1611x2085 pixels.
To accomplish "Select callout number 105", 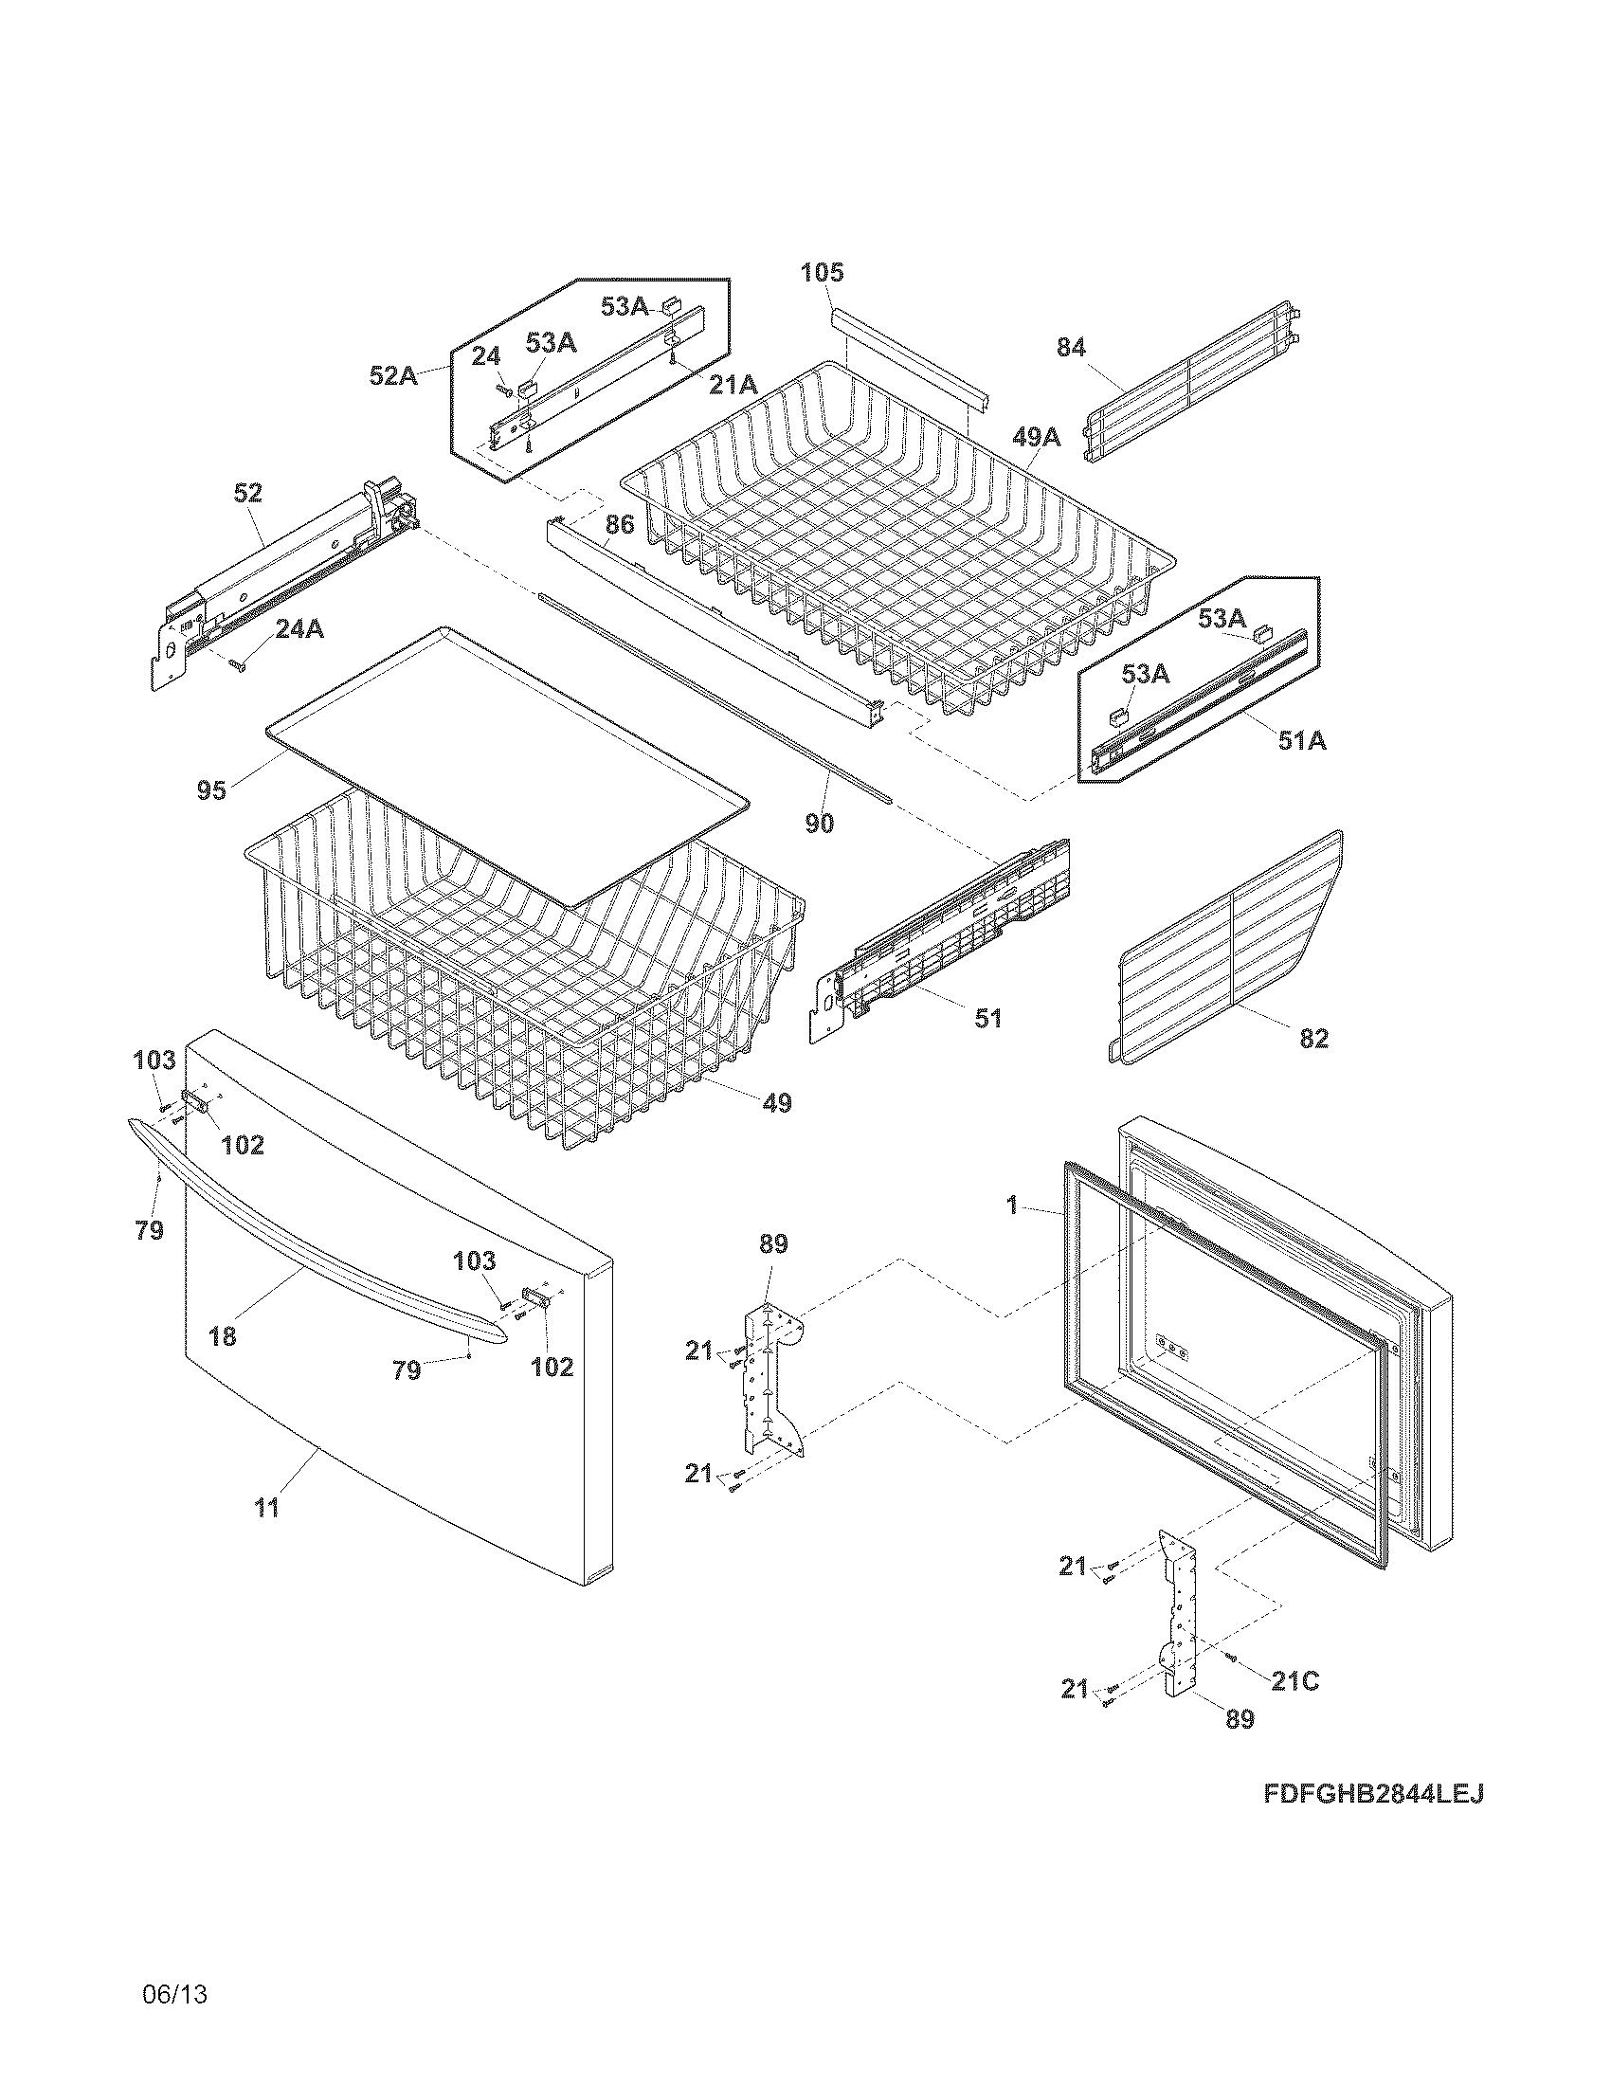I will (822, 273).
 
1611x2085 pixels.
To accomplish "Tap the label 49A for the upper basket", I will (1036, 437).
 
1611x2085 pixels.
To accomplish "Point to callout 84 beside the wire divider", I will (1071, 348).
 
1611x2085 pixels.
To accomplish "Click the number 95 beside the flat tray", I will (212, 790).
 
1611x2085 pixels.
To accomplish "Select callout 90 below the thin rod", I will (819, 823).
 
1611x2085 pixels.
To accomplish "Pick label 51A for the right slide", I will (1302, 740).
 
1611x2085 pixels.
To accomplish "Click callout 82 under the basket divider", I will (1313, 1039).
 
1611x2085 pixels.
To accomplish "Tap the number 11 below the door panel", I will (266, 1509).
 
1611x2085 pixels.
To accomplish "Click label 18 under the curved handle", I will (222, 1336).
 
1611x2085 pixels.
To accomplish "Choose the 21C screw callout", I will (1295, 1681).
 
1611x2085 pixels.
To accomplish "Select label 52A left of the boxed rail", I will (394, 375).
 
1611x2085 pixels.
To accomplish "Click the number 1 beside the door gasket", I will (1012, 1206).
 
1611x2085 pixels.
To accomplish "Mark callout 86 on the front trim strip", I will (620, 524).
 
